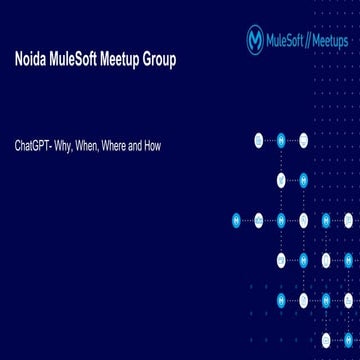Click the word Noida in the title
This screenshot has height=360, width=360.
(30, 61)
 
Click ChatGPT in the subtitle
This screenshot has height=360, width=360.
(34, 146)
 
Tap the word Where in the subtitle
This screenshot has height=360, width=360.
(114, 146)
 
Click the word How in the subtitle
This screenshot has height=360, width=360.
(151, 146)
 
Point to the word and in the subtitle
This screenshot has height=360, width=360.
(135, 146)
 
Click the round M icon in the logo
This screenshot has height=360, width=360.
(256, 40)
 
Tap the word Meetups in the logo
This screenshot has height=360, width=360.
(330, 40)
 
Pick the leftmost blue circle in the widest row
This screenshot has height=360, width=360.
(237, 219)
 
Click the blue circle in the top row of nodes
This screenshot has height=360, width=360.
(281, 140)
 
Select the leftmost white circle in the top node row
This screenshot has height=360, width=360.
(259, 140)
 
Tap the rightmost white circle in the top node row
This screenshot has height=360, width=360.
(303, 140)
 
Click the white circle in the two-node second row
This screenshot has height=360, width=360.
(281, 180)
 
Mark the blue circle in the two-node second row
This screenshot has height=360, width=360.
(303, 180)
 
